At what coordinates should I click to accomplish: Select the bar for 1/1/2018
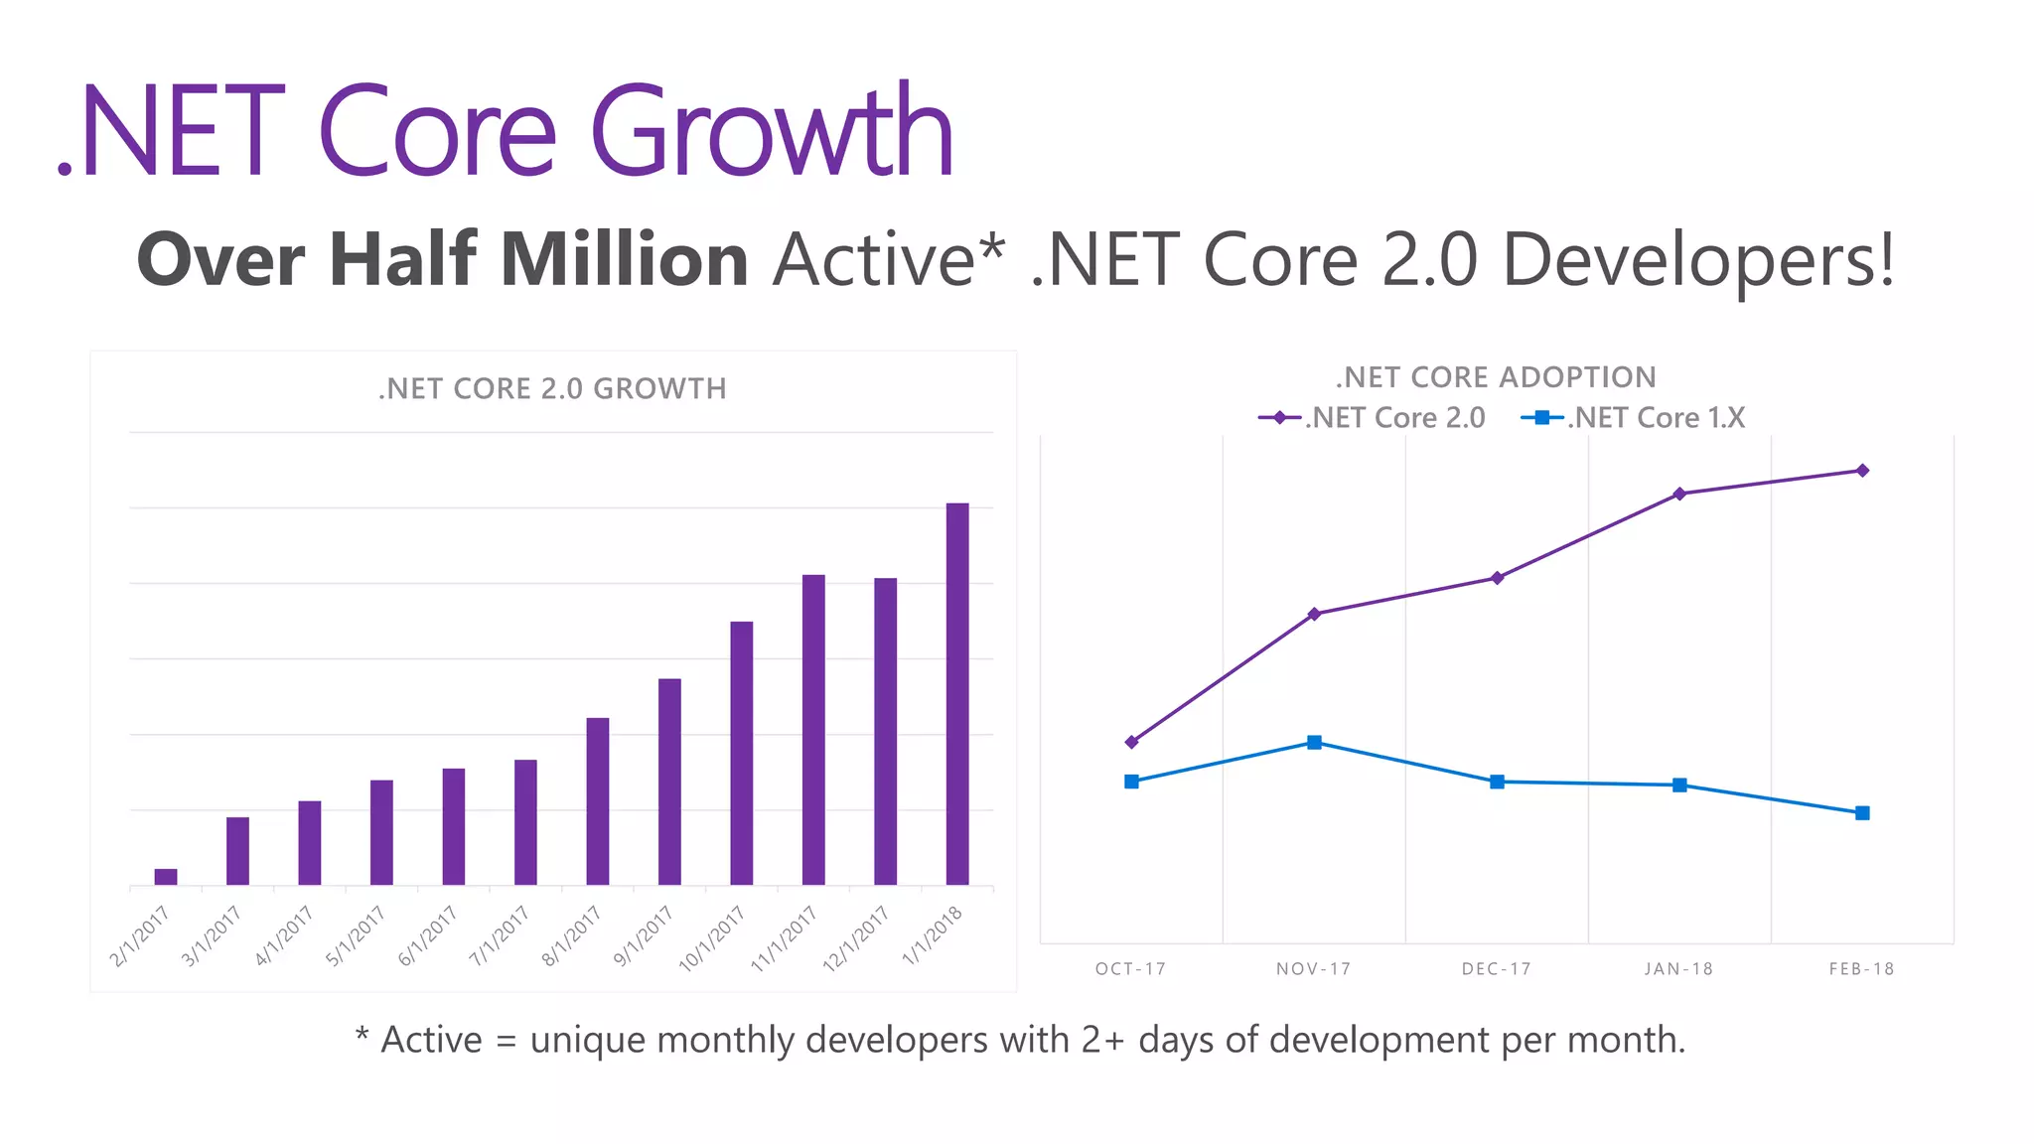pos(956,695)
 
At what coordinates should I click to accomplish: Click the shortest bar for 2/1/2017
pos(166,877)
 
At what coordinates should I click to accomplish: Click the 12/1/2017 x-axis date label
pos(856,938)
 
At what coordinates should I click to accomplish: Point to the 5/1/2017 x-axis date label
pos(356,935)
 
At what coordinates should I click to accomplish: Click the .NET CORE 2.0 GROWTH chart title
pos(552,388)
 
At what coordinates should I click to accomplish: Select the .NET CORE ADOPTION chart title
pos(1496,377)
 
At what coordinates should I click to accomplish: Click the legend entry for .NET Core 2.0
pos(1373,418)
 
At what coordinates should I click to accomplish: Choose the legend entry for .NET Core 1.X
pos(1634,418)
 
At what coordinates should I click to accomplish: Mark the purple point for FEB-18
pos(1862,471)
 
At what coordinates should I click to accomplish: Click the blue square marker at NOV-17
pos(1314,743)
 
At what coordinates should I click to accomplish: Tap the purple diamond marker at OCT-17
pos(1131,742)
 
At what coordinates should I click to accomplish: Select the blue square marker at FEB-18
pos(1862,813)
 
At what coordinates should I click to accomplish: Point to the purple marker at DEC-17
pos(1497,578)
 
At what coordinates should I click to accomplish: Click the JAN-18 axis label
pos(1678,969)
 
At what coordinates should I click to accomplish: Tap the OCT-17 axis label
pos(1130,969)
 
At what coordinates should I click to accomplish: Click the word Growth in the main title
pos(772,134)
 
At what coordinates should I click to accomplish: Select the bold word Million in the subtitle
pos(624,260)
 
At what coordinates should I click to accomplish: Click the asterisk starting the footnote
pos(362,1036)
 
